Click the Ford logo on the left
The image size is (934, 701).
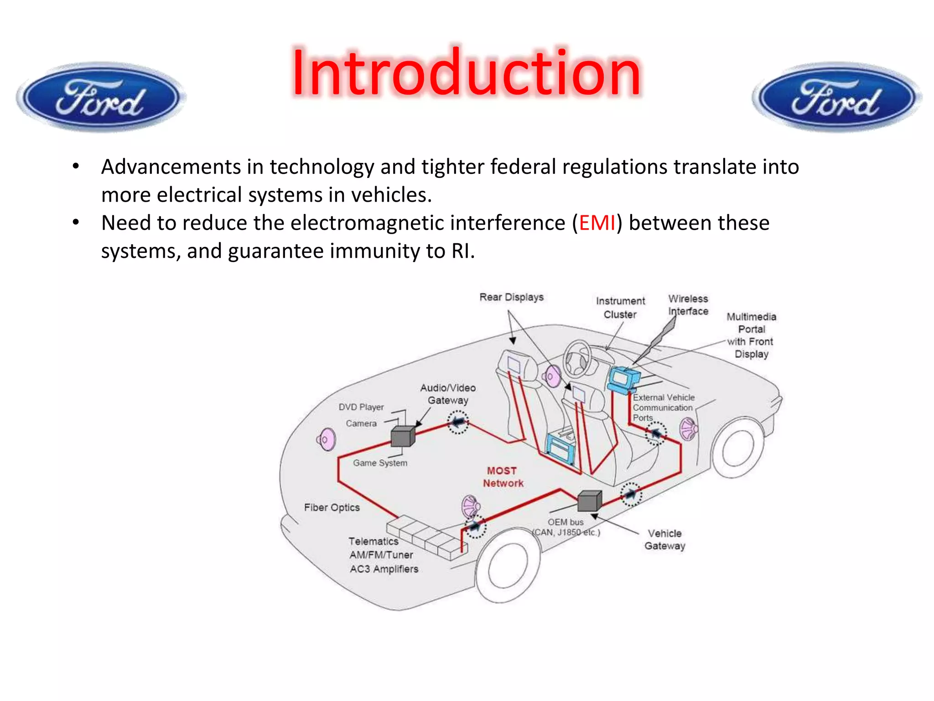101,97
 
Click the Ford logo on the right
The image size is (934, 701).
836,97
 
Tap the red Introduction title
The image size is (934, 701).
467,73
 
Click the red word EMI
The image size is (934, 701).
597,223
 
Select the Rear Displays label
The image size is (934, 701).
511,297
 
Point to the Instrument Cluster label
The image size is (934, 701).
620,308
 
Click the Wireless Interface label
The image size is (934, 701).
688,305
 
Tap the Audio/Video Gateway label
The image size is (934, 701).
448,394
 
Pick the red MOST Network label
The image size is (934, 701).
503,477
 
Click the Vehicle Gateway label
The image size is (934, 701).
664,539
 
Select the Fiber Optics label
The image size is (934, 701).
332,507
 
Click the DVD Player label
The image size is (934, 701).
361,407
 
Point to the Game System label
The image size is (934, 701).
380,463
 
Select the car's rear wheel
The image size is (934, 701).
508,566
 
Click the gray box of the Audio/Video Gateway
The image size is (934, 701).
403,436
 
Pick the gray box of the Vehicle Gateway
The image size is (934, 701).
589,501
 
